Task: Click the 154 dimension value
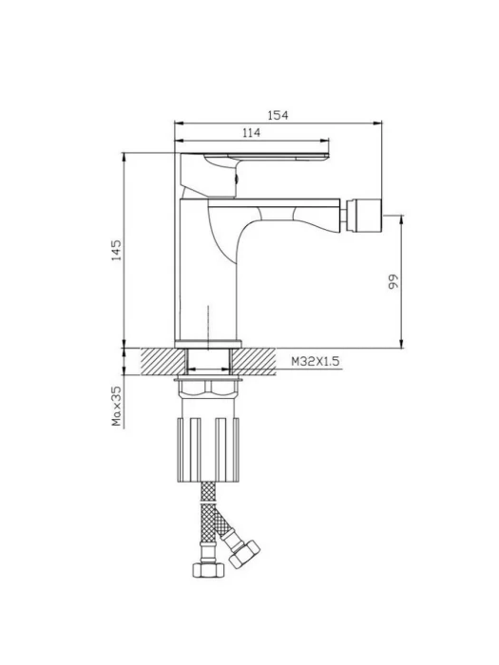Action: point(278,115)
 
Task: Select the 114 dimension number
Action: point(251,133)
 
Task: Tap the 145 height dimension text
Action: point(116,250)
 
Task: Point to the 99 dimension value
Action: point(393,281)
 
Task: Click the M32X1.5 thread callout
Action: point(316,361)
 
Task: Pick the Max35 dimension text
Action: point(116,406)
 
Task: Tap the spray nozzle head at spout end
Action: point(364,216)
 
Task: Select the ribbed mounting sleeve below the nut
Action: point(208,449)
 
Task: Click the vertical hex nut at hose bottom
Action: point(208,570)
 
